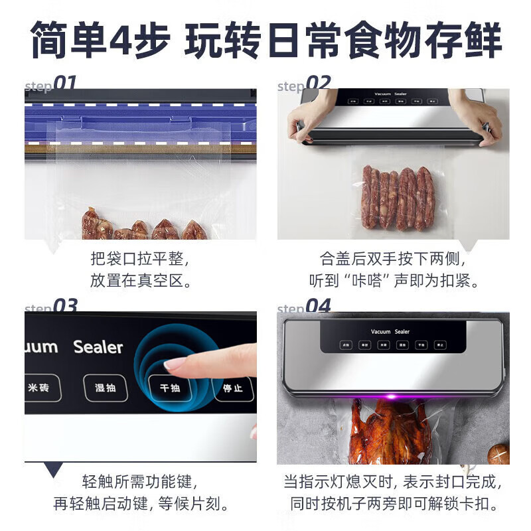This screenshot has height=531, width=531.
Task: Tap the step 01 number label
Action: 64,84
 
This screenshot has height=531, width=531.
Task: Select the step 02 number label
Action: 318,84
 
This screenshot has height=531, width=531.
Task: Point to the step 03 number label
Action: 65,307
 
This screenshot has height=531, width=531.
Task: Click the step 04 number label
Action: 318,307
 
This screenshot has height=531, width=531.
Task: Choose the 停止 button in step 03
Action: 232,388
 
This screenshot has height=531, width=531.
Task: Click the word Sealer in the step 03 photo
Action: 98,347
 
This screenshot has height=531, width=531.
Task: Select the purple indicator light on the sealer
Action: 392,397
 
